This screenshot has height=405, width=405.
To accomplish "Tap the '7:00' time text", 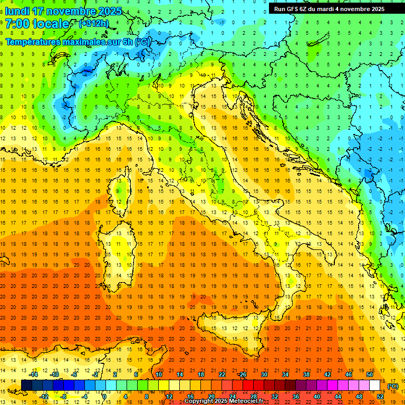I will pos(17,24).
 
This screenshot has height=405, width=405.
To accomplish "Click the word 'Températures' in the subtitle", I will pos(34,41).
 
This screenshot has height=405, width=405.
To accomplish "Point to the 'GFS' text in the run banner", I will pos(294,9).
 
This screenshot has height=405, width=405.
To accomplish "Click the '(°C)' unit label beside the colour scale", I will pos(393,386).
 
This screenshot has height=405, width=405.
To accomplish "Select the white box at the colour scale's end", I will pos(375,385).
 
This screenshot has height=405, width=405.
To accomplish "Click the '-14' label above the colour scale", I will pos(34,374).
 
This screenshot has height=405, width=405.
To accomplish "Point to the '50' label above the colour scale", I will pos(370,374).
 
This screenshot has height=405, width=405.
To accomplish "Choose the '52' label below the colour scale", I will pos(380,397).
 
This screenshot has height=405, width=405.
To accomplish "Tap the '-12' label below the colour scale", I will pos(44,397).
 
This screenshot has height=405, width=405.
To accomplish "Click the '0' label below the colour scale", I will pos(104,397).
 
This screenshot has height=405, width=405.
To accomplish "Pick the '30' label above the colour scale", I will pos(264,374).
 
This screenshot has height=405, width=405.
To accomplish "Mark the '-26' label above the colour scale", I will pos(242,374).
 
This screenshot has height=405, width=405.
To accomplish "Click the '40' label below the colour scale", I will pos(316,397).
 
